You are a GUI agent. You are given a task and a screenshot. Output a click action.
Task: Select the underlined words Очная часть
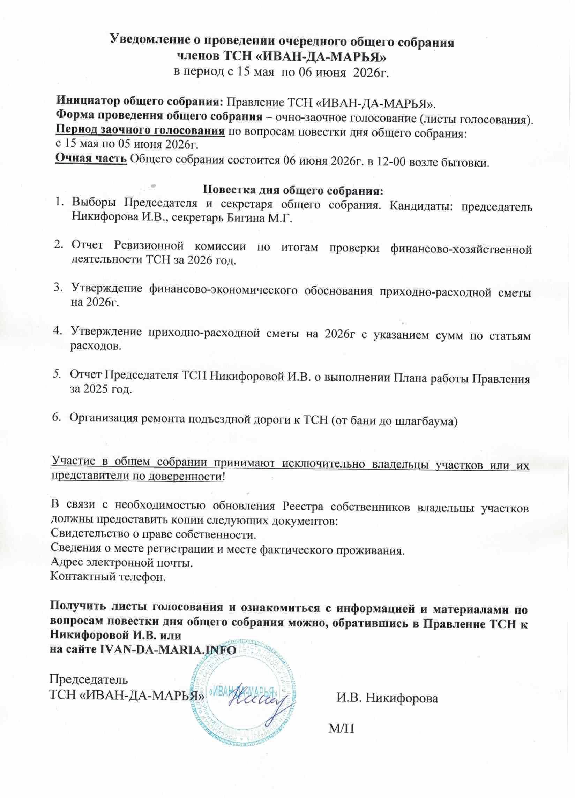click(91, 160)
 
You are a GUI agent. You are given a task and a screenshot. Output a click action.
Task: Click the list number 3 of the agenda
click(57, 288)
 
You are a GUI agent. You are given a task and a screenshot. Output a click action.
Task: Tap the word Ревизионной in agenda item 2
click(155, 246)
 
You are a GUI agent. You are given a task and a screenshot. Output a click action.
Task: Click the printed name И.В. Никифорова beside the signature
click(387, 698)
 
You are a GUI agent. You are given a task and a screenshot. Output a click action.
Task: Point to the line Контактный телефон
click(108, 577)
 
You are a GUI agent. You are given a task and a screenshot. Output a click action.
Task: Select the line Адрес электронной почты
click(122, 563)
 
